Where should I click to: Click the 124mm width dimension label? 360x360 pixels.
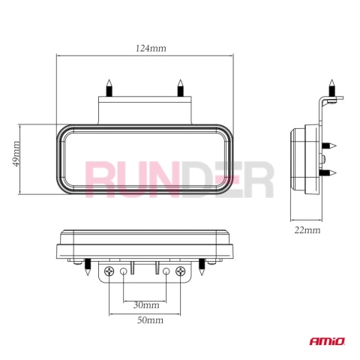click(151, 48)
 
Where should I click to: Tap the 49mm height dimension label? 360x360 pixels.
click(16, 154)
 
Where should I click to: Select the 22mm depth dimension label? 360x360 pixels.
click(307, 230)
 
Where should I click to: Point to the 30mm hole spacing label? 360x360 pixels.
click(146, 305)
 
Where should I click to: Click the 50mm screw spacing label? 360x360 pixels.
click(150, 320)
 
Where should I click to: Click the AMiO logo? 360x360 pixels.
click(327, 341)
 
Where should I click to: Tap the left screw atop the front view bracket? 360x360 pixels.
click(109, 88)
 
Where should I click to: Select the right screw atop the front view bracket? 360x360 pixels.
click(180, 88)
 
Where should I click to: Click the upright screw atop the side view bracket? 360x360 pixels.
click(331, 88)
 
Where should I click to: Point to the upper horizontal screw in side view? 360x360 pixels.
click(329, 145)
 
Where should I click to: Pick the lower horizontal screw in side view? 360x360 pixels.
click(329, 172)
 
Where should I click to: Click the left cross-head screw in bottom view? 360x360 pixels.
click(109, 271)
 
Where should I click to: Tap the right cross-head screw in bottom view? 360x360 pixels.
click(180, 271)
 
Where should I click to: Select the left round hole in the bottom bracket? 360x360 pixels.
click(124, 271)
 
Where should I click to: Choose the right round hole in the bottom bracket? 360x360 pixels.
click(166, 271)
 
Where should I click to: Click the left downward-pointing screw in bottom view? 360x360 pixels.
click(88, 267)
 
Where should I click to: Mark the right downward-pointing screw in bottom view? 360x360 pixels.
click(202, 267)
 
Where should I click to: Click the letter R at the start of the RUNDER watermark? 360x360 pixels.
click(100, 179)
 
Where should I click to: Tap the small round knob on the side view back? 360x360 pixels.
click(324, 158)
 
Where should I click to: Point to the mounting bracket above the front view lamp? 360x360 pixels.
click(145, 110)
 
